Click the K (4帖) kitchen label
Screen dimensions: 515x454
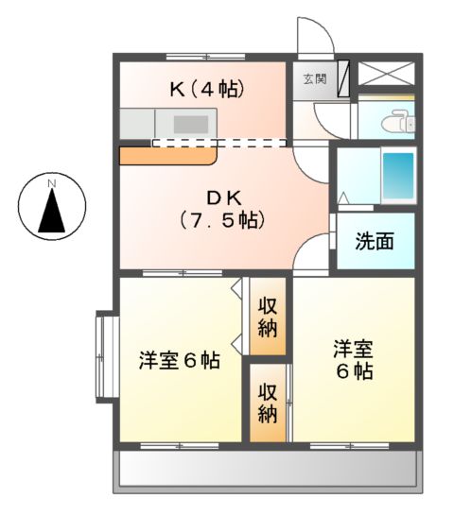207,90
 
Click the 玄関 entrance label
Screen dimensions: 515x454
314,79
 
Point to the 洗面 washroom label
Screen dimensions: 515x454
375,241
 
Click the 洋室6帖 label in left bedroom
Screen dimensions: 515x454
181,360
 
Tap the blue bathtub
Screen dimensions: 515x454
398,176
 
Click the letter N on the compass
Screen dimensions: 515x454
54,181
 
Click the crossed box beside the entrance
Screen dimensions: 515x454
388,74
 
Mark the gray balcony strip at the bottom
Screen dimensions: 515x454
266,469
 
